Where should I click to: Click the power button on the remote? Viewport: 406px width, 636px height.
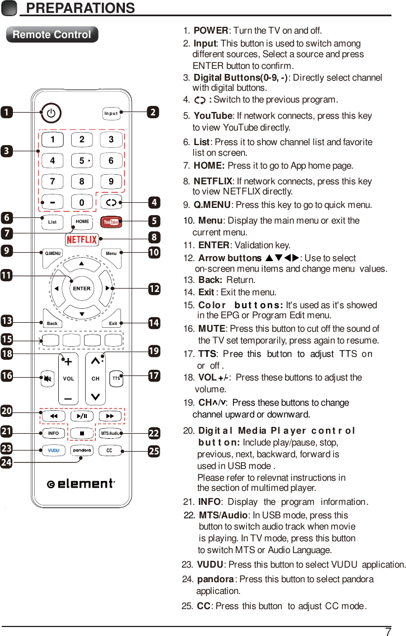[x=51, y=113]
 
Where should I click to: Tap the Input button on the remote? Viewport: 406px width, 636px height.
[x=111, y=113]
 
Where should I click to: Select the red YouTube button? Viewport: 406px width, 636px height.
[x=111, y=222]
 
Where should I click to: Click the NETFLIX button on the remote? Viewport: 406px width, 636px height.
[x=82, y=240]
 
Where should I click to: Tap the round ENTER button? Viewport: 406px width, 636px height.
[x=82, y=288]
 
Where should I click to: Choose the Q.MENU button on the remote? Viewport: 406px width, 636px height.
[x=53, y=253]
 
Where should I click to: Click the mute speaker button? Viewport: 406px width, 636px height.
[x=48, y=378]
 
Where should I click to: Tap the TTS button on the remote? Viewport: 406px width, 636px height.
[x=116, y=378]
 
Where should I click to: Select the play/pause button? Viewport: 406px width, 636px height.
[x=82, y=416]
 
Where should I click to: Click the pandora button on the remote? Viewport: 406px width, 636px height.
[x=82, y=451]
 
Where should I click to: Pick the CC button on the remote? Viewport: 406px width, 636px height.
[x=110, y=451]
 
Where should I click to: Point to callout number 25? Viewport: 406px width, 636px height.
[x=153, y=451]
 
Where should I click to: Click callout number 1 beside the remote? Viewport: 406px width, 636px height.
[x=7, y=112]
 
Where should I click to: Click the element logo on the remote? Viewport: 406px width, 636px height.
[x=82, y=484]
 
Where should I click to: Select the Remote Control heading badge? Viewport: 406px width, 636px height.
[x=52, y=35]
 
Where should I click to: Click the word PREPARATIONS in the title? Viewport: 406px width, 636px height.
[x=81, y=8]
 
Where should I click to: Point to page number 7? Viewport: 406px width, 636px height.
[x=388, y=632]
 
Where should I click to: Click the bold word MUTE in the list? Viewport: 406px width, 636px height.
[x=212, y=328]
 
